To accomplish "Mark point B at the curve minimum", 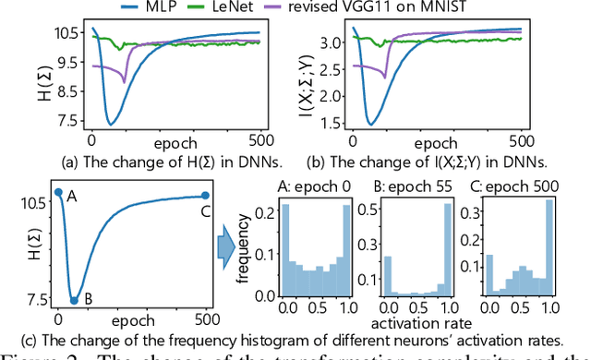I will click(75, 300).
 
